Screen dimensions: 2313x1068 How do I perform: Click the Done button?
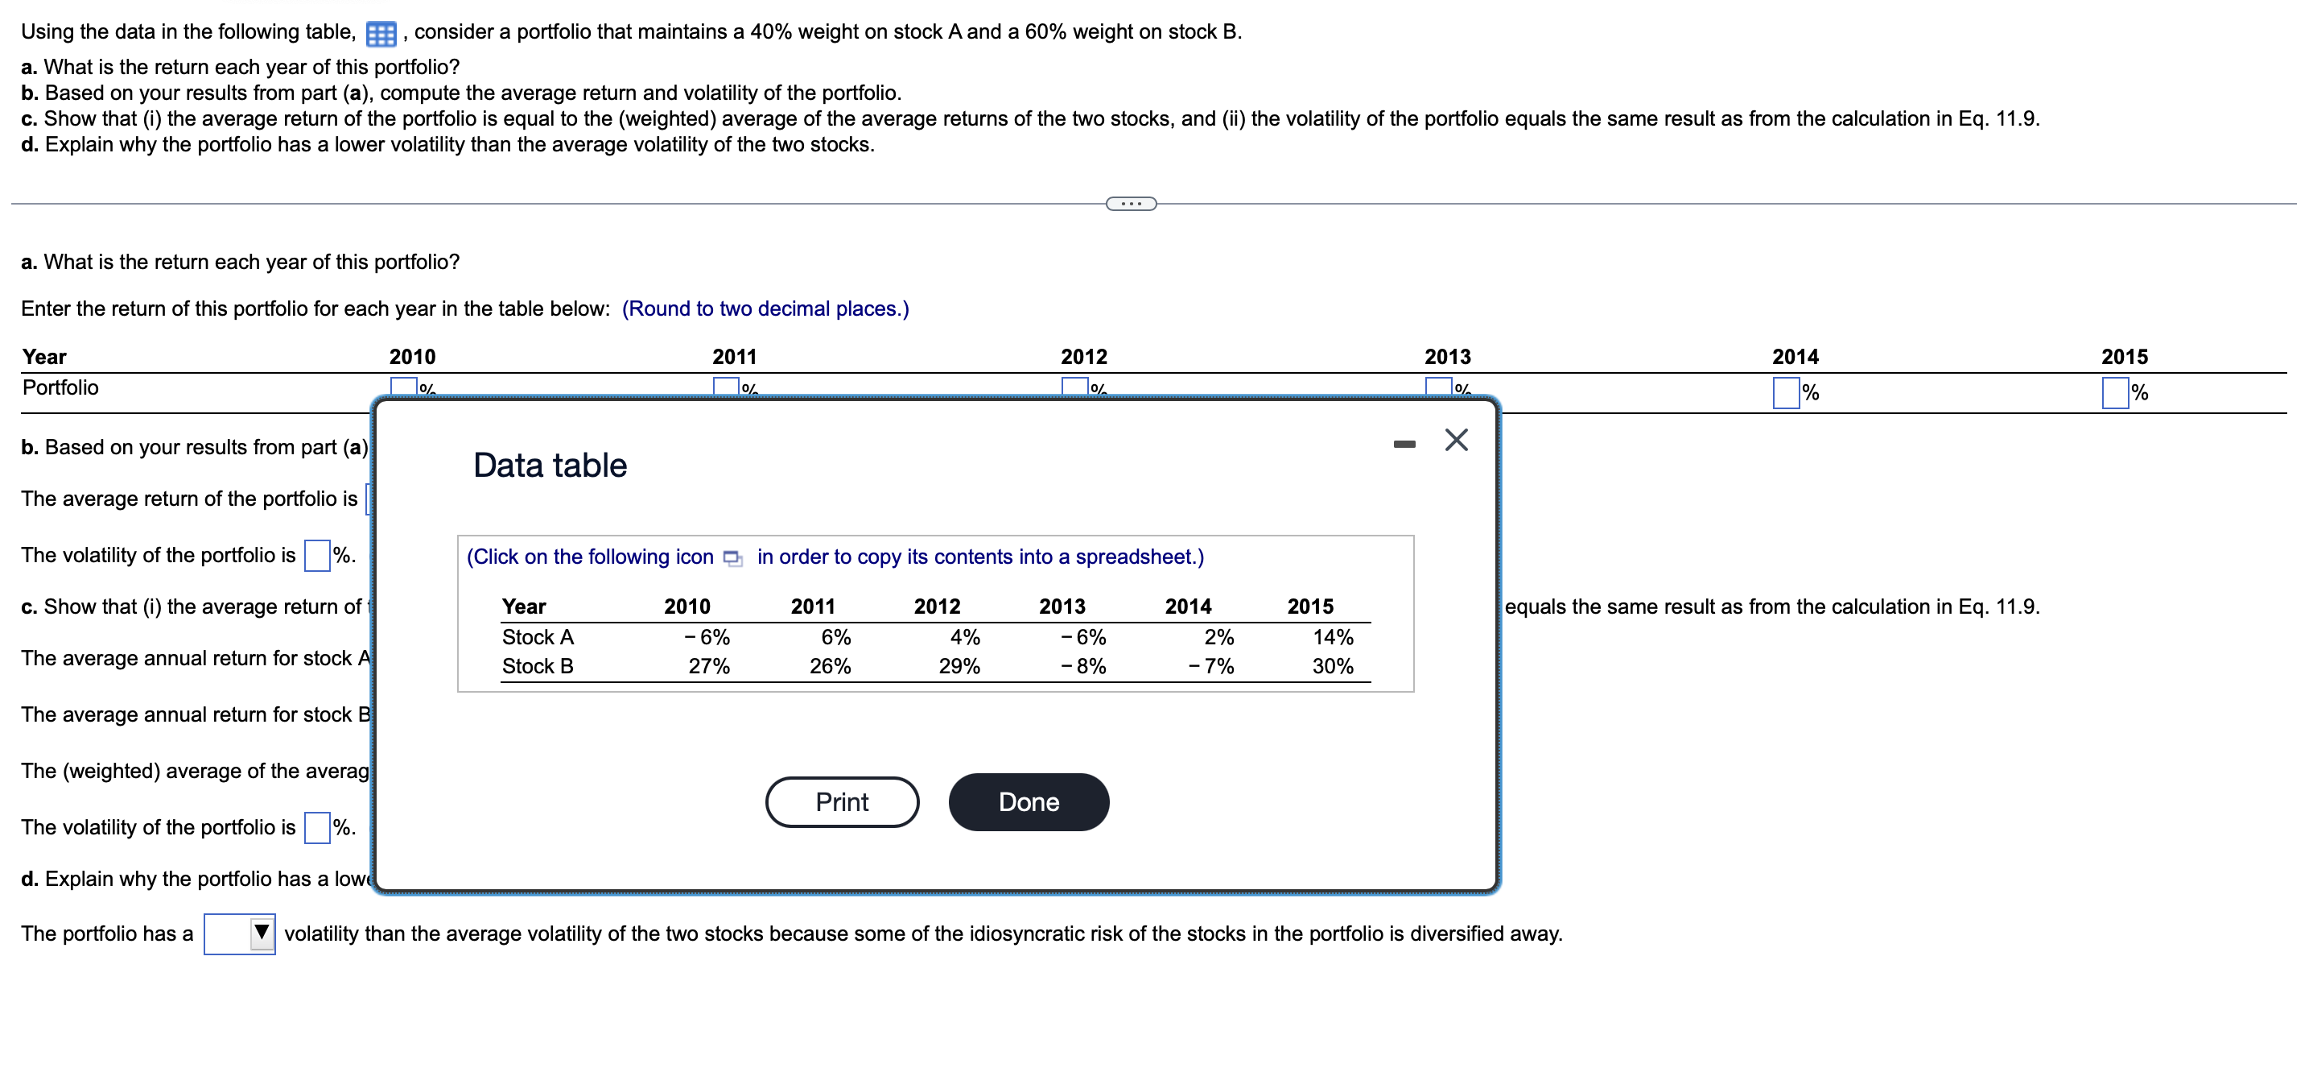pos(1028,801)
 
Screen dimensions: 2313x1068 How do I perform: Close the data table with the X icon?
pos(1456,440)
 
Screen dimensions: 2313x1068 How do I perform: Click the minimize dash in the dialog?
pos(1404,444)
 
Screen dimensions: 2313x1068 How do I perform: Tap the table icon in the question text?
pos(381,34)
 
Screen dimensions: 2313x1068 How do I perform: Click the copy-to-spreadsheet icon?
pos(732,558)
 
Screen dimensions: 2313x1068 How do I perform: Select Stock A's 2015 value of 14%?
pos(1333,637)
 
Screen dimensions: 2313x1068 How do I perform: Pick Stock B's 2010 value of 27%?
pos(708,666)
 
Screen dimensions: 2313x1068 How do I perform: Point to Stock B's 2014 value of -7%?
pos(1211,666)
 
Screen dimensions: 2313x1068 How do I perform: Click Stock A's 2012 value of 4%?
pos(964,637)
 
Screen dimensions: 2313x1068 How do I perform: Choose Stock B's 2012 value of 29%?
pos(959,666)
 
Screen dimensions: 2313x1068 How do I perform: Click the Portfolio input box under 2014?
pos(1785,392)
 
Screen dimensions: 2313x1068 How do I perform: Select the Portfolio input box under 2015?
pos(2114,392)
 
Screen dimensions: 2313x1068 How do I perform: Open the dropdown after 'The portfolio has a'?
pos(240,933)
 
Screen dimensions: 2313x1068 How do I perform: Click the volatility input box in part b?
pos(317,555)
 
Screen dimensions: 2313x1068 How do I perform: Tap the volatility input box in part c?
pos(317,827)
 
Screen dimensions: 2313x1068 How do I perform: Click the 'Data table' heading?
pos(550,466)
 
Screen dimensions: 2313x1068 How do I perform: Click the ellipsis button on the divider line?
pos(1131,204)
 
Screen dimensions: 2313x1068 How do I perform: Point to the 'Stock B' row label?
pos(537,666)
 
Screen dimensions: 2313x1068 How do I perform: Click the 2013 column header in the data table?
pos(1062,606)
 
